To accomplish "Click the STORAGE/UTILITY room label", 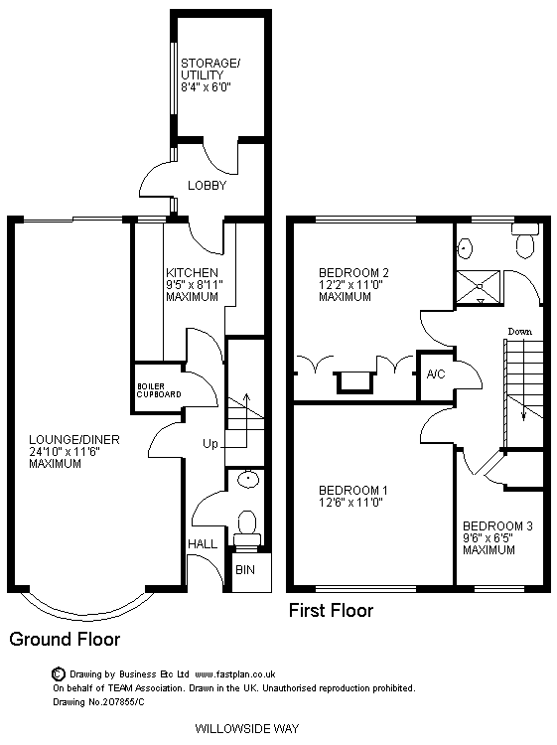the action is [210, 69].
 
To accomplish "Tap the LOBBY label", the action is [208, 186].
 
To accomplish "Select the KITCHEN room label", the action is [192, 273].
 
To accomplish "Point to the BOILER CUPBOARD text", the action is [159, 390].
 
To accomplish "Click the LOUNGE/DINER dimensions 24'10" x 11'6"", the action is [65, 452].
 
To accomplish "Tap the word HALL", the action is [203, 544].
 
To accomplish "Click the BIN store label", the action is [245, 570].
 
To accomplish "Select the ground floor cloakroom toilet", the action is [247, 528].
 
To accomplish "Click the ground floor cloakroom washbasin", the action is [249, 479].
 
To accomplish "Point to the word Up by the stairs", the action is [210, 444].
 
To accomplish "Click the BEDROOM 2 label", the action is [353, 273].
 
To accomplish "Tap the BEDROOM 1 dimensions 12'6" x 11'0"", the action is [350, 503].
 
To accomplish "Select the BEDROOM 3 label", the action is [497, 525].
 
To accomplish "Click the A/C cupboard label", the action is [436, 374].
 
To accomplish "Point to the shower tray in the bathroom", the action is [479, 287].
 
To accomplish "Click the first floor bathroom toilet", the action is [524, 241].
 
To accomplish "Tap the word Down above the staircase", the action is [520, 332].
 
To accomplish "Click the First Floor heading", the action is [331, 611].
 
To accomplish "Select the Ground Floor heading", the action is [65, 639].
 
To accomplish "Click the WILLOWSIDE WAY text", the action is [247, 728].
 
